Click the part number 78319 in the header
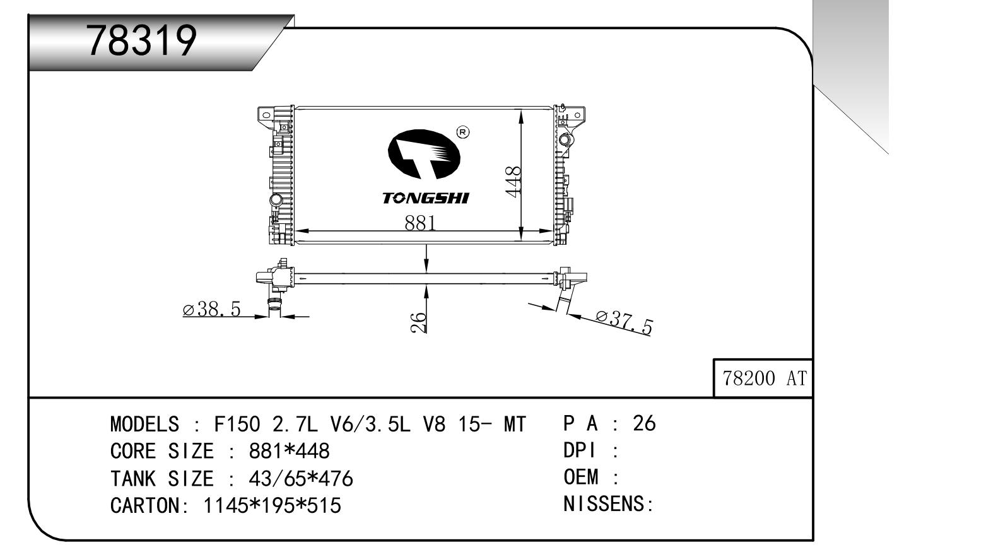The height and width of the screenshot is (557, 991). coord(142,42)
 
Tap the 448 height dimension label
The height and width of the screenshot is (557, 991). coord(514,181)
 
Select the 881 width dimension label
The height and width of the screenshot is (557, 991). coord(420,223)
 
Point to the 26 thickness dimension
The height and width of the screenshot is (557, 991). coord(418,322)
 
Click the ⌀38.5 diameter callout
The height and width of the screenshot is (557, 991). coord(212,309)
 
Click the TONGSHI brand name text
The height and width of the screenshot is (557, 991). coord(426,198)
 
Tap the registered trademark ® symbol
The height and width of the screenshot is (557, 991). coord(463,132)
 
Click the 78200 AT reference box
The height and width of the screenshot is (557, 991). coord(764,378)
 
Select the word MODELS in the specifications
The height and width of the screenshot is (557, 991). coord(144,425)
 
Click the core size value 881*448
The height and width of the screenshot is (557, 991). coord(290,452)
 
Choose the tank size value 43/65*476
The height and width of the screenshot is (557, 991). coord(301,479)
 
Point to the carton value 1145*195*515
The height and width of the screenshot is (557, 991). coord(272,506)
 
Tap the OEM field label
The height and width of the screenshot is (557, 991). coord(581,477)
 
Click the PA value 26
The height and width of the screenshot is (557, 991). coord(644,423)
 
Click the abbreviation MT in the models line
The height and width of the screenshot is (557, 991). coord(514,425)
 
